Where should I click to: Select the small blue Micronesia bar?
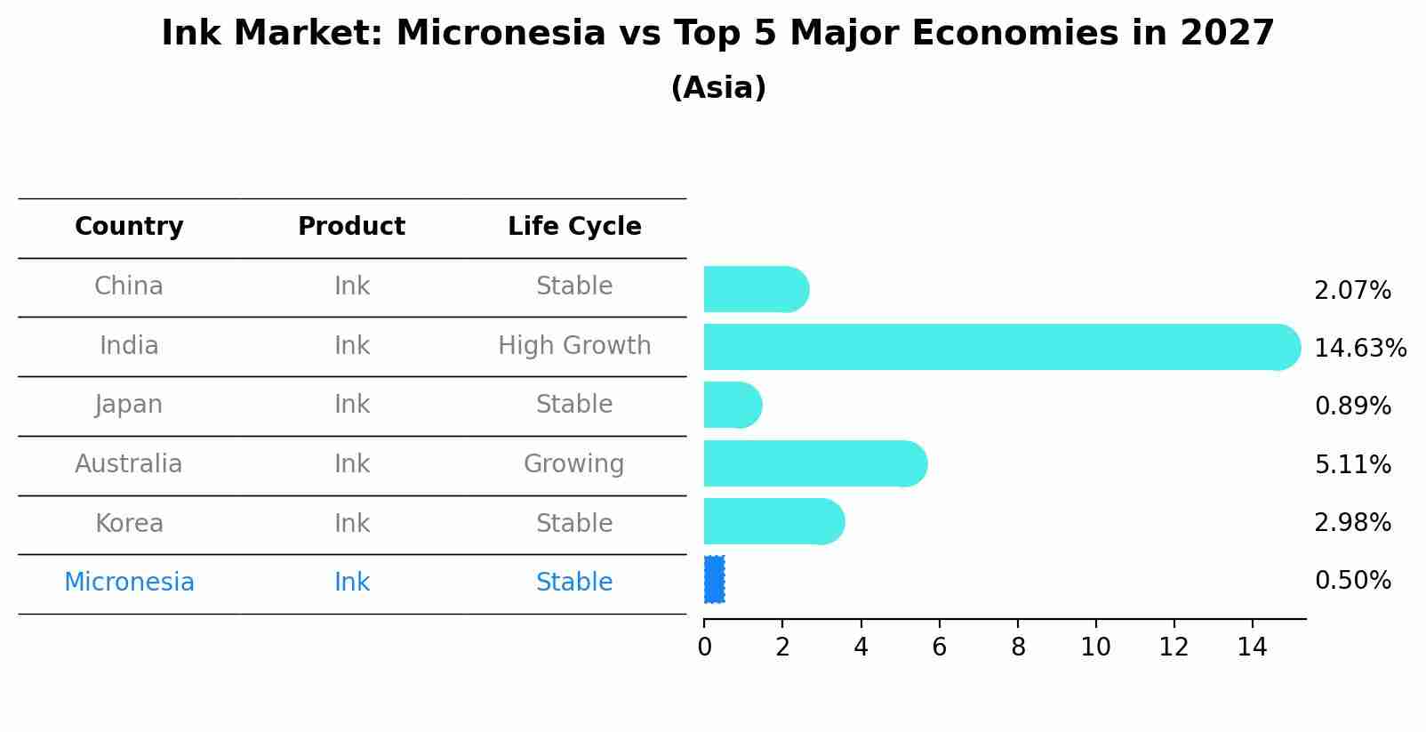point(714,580)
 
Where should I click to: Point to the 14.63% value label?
point(1359,348)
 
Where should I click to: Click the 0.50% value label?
point(1352,581)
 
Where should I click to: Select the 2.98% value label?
point(1352,522)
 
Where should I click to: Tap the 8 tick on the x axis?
point(1018,648)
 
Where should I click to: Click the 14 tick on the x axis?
point(1252,648)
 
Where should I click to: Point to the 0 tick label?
point(704,648)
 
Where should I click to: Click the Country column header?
point(129,227)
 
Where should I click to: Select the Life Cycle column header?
point(574,227)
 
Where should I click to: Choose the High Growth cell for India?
point(574,345)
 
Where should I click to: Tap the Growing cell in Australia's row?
point(574,463)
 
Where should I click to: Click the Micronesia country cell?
point(129,582)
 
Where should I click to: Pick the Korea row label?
point(129,523)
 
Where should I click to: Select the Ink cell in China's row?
point(352,286)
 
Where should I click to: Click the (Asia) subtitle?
point(718,88)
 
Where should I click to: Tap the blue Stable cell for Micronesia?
point(574,582)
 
